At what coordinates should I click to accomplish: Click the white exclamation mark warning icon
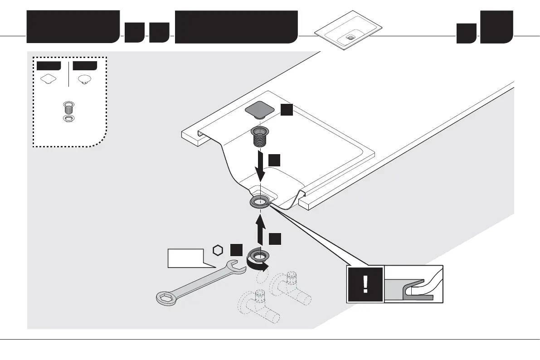coord(365,284)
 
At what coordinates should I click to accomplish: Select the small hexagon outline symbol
coord(219,250)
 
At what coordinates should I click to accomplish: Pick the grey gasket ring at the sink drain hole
coord(260,202)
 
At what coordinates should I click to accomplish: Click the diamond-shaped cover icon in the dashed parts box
coord(48,79)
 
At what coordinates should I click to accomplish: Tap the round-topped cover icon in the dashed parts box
coord(84,79)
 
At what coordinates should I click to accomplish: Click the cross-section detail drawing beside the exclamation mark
coord(413,284)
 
